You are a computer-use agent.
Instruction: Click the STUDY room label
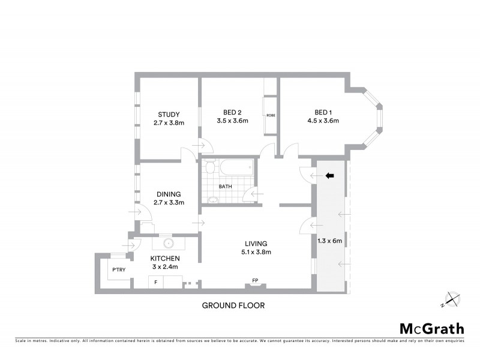169,114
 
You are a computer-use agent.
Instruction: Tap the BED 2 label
232,112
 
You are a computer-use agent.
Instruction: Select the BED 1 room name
322,112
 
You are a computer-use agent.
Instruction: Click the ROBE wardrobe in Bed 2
271,115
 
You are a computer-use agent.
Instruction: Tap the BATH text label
225,187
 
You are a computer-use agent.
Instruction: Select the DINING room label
169,194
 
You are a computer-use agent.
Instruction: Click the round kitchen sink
169,244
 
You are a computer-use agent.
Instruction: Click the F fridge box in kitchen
157,282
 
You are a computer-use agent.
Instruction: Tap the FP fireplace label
255,280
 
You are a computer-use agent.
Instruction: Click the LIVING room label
255,243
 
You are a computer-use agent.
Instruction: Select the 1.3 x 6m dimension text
329,242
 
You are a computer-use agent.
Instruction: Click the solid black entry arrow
329,176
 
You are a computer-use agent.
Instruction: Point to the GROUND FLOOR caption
233,305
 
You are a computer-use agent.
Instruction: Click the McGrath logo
431,329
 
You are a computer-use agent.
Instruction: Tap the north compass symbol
452,298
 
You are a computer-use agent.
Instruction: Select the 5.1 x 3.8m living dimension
255,252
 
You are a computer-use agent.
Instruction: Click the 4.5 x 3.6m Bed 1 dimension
322,121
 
